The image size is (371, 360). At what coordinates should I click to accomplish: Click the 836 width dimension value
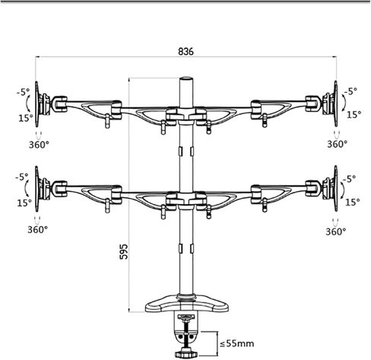[185, 52]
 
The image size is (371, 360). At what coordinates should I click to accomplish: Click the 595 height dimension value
[124, 252]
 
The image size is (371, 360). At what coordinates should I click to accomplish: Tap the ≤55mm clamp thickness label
[236, 344]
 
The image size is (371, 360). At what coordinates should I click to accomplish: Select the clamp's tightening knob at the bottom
[186, 353]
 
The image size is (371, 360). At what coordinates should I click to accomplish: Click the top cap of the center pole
[186, 78]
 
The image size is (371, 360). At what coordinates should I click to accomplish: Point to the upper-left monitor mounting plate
[37, 104]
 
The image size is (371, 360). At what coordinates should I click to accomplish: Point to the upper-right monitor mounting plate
[335, 104]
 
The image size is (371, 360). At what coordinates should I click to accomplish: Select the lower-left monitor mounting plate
[37, 189]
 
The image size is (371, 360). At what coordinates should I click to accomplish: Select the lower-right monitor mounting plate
[335, 188]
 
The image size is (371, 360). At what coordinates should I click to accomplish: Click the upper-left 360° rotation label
[39, 145]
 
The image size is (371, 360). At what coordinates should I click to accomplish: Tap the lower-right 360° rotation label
[336, 231]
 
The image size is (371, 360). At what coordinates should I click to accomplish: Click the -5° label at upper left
[24, 91]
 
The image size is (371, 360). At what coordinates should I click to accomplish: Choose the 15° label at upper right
[354, 115]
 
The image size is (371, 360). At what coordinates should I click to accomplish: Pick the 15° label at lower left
[24, 202]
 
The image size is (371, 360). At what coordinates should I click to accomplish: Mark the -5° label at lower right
[350, 179]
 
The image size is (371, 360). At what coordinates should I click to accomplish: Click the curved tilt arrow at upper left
[28, 104]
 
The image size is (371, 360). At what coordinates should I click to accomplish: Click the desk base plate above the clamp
[187, 304]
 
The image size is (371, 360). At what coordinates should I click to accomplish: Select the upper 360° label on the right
[337, 144]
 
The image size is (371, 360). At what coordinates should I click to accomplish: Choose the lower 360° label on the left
[37, 230]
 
